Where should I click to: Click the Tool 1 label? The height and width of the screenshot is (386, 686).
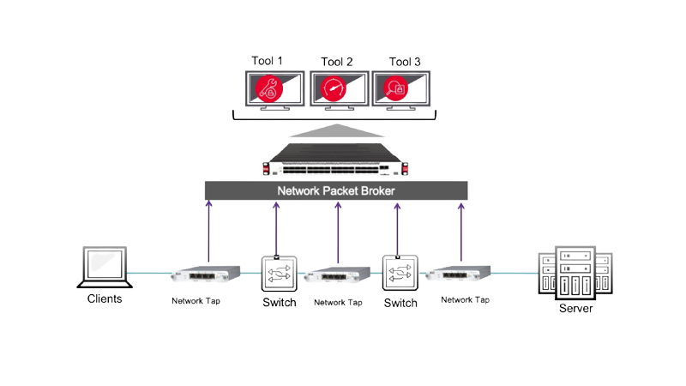pyautogui.click(x=267, y=61)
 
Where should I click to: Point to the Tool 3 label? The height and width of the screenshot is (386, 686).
pyautogui.click(x=405, y=61)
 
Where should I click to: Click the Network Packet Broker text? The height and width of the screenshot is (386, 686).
pyautogui.click(x=336, y=190)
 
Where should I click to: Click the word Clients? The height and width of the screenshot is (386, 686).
pyautogui.click(x=105, y=299)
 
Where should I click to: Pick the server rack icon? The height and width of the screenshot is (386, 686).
pyautogui.click(x=575, y=272)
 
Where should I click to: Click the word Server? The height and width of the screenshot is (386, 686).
pyautogui.click(x=575, y=308)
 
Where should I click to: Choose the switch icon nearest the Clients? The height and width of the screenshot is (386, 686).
pyautogui.click(x=278, y=274)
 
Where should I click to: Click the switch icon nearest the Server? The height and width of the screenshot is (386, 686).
pyautogui.click(x=399, y=274)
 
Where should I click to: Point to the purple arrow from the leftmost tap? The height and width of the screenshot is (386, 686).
pyautogui.click(x=208, y=232)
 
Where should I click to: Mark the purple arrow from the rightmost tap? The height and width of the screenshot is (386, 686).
pyautogui.click(x=461, y=232)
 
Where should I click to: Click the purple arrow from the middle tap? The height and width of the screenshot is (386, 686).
pyautogui.click(x=338, y=232)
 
